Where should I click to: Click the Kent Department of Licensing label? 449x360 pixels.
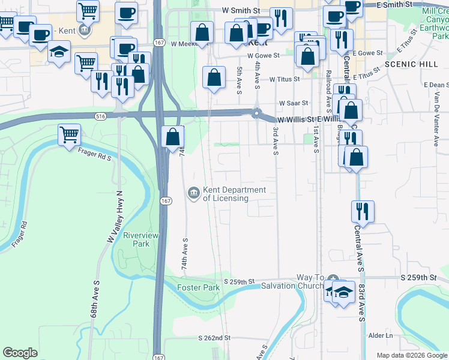pos(234,194)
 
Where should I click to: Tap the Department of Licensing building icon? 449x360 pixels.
pos(194,193)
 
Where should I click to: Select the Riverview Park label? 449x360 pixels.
pos(140,240)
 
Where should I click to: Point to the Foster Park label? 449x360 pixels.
pos(199,287)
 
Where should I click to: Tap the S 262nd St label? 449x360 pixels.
pos(214,338)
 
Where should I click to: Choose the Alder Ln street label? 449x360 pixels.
pos(381,335)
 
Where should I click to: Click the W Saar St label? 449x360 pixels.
pos(293,103)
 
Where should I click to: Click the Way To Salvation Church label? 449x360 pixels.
pos(292,281)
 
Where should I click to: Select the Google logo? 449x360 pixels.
pos(20,353)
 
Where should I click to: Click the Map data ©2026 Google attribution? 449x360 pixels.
pos(412,355)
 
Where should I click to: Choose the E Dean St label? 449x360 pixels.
pos(436,85)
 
